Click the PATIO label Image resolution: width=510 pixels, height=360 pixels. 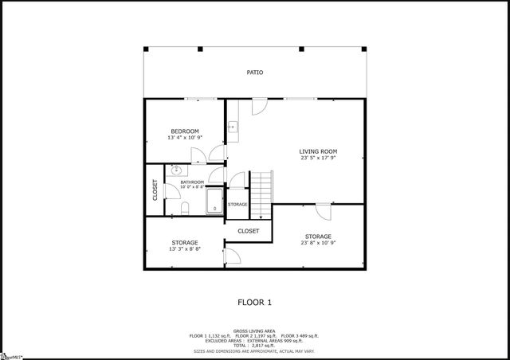point(254,72)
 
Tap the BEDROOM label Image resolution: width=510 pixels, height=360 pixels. point(185,131)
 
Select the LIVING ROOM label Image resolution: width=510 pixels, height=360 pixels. point(318,151)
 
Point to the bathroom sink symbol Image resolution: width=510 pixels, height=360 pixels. point(176,170)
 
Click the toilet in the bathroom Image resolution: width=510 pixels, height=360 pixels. point(183,208)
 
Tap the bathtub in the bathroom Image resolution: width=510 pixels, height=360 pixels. point(215,202)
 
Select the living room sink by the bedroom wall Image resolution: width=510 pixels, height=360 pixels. point(232,127)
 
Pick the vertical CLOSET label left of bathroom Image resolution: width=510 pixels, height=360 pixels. point(155,190)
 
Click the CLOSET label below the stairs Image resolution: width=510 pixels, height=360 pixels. point(249,231)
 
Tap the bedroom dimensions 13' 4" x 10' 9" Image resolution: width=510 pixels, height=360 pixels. point(185,138)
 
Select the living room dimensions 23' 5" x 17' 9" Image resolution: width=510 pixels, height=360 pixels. point(318,158)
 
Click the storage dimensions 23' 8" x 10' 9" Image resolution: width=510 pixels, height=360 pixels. point(318,243)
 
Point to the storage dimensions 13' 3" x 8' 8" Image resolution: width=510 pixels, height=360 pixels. point(185,249)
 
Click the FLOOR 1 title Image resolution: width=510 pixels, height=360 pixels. point(255,303)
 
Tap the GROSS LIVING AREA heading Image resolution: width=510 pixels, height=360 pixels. point(254,331)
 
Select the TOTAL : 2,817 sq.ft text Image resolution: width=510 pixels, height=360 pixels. point(254,345)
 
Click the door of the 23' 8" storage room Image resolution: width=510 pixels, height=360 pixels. point(322,212)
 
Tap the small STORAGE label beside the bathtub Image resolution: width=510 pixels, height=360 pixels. point(237,205)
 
